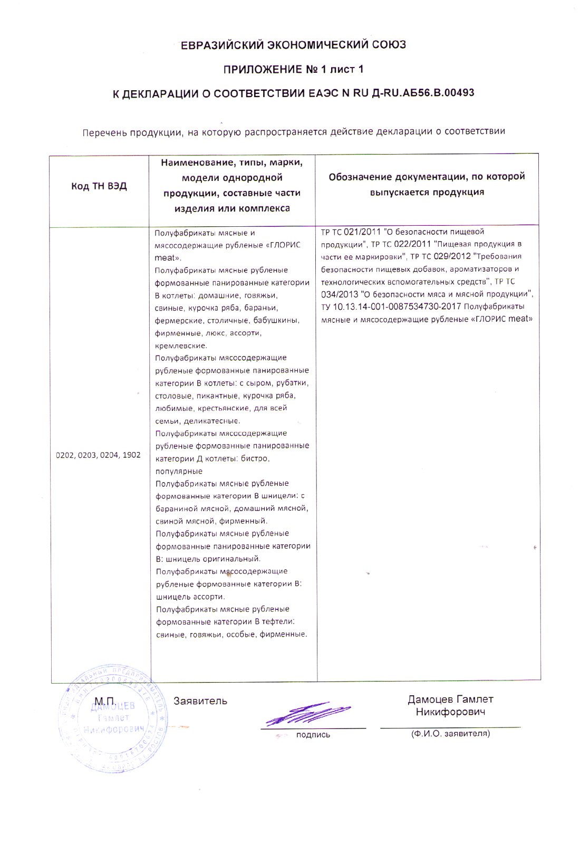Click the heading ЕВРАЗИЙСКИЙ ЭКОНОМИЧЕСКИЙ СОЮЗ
tap(294, 45)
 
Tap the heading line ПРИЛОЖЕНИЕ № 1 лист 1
tap(294, 70)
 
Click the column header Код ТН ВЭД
tap(99, 187)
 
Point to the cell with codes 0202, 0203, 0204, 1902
tap(99, 455)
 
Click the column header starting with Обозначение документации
tap(427, 184)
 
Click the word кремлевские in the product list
tap(181, 346)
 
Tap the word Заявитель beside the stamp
tap(200, 701)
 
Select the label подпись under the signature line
tap(313, 735)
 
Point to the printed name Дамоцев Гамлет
tap(450, 699)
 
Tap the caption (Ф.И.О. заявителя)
tap(450, 733)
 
